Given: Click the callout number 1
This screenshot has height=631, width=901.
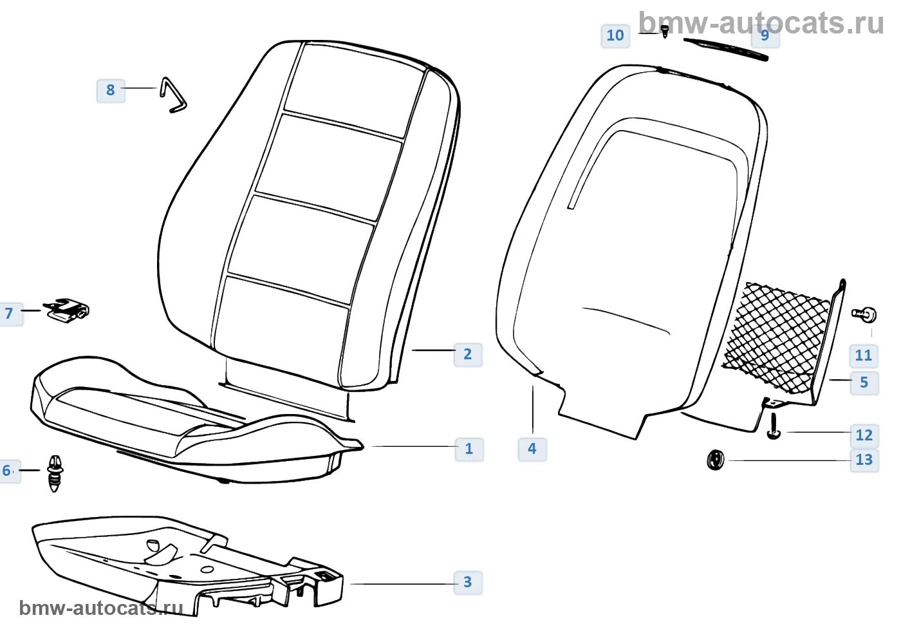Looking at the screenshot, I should tap(469, 449).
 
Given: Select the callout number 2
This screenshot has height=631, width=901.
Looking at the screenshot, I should tap(468, 354).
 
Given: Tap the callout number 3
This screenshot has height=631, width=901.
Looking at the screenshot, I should tap(468, 582).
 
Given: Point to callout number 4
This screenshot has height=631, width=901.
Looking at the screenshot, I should tap(532, 449).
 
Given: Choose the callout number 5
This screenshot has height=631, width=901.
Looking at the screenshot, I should tap(864, 382).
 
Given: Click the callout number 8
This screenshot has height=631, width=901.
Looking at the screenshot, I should tap(111, 90).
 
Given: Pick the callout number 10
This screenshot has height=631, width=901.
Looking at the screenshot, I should tap(615, 35).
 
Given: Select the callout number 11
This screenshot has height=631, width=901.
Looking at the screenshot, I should tap(863, 355).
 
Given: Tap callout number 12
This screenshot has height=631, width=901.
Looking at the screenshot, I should tap(864, 435).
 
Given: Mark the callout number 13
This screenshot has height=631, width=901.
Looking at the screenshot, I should tap(864, 460).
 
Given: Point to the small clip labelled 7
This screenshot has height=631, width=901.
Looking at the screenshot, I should tap(67, 310).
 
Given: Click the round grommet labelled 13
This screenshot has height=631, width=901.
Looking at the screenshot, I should tap(715, 460).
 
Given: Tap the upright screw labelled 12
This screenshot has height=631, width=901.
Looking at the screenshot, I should tap(774, 427).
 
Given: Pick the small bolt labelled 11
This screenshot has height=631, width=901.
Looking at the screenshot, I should tap(866, 314).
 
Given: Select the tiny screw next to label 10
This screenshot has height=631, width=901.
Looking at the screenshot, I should tap(665, 30).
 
